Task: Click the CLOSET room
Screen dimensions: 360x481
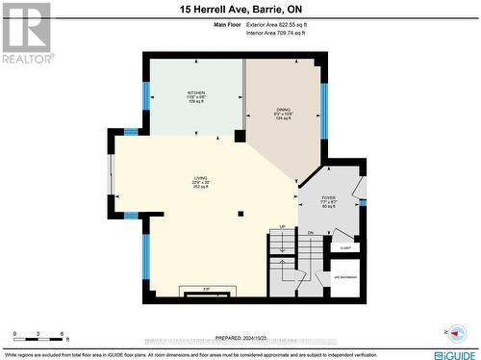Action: (344, 247)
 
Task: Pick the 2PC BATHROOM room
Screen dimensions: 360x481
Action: (345, 277)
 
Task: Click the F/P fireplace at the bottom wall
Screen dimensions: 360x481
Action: (206, 288)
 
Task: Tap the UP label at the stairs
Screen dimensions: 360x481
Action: (282, 227)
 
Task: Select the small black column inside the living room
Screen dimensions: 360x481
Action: (241, 214)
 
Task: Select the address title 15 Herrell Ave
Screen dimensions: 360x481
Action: (240, 9)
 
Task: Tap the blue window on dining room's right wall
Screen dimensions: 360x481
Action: (324, 111)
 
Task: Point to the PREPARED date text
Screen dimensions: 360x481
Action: (240, 338)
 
